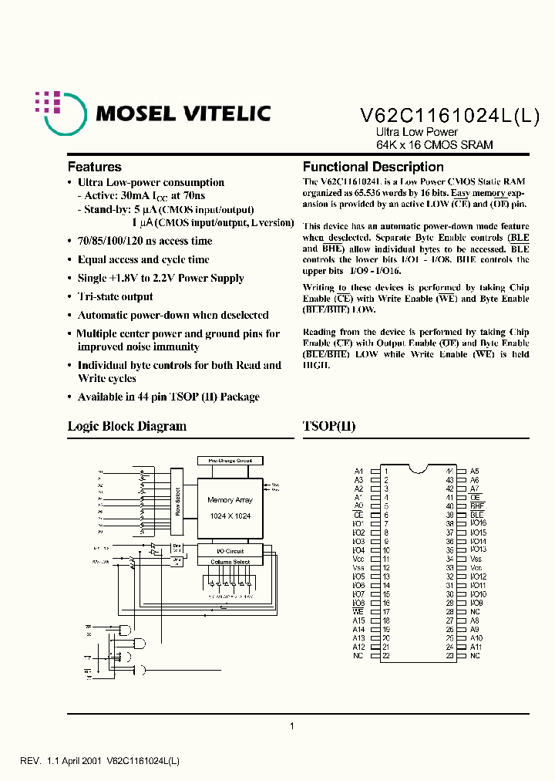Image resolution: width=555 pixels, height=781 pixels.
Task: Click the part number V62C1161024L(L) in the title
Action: [450, 114]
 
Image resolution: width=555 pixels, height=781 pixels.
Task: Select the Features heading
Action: [95, 167]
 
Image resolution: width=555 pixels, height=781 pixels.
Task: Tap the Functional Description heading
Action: [373, 167]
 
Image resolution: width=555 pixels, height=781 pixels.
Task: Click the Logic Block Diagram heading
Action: [127, 426]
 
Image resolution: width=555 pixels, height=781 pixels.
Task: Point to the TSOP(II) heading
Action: [329, 426]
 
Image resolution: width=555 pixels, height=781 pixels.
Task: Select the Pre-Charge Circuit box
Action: [230, 460]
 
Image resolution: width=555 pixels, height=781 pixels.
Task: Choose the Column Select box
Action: [230, 562]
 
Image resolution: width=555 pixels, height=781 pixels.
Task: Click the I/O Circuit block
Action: [230, 551]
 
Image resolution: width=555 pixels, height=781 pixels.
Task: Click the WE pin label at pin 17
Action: [358, 612]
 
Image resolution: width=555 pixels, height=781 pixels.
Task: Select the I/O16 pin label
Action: [479, 523]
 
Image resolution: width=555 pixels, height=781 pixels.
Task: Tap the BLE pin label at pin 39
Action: [476, 515]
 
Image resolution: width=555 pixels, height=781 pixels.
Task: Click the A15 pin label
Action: [358, 620]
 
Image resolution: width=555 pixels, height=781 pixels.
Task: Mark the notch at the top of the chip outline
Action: [417, 468]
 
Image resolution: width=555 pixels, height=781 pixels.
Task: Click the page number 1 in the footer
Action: [291, 725]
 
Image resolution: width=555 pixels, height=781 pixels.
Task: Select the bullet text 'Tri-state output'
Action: [115, 296]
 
